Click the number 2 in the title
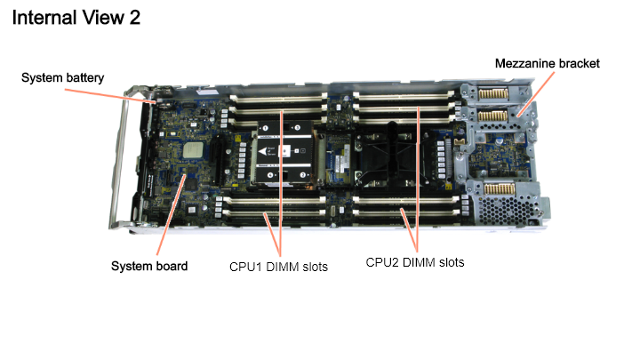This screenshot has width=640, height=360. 135,18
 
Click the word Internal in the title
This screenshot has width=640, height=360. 44,18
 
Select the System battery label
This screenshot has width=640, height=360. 62,77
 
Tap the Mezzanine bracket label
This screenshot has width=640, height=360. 547,64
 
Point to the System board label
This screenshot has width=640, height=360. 149,266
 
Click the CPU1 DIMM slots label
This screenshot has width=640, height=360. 278,267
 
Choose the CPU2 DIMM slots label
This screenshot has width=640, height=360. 415,262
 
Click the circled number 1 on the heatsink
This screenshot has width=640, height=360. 265,128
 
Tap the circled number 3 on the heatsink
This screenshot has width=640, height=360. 297,128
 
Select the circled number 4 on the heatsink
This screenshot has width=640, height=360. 270,175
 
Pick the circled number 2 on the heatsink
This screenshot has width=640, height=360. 302,175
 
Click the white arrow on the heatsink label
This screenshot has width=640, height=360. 263,151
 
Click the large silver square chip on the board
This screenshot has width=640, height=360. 193,150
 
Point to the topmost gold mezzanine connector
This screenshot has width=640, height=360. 493,93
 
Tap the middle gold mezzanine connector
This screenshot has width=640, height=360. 492,116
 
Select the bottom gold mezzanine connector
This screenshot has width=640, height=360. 500,189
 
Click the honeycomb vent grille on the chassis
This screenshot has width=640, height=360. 505,210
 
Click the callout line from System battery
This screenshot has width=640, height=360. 110,95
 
